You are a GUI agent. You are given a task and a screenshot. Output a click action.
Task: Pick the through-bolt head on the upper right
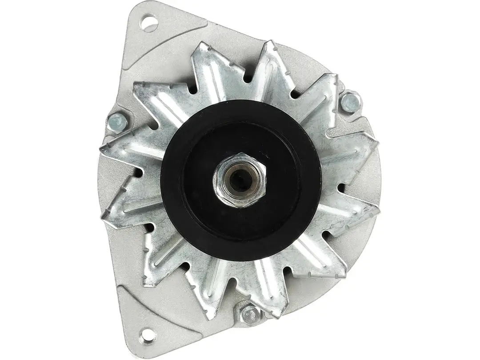pos(349,103)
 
